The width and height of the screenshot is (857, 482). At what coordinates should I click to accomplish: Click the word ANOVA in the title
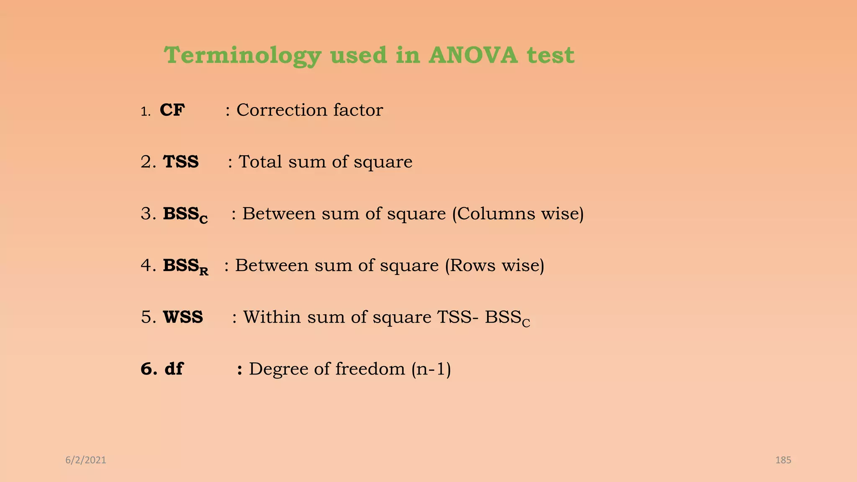click(x=473, y=55)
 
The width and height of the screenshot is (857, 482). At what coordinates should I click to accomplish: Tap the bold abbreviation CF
click(x=172, y=110)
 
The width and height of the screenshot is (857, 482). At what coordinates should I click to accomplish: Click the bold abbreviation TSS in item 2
click(x=181, y=162)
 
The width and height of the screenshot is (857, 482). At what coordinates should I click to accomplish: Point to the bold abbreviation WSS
click(x=183, y=317)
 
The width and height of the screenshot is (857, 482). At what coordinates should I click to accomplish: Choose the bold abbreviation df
click(x=174, y=369)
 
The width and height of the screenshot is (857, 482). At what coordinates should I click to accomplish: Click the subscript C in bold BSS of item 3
click(x=203, y=220)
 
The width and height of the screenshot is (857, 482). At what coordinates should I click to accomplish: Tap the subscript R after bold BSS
click(x=204, y=272)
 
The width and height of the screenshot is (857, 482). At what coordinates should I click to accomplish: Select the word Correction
click(x=282, y=110)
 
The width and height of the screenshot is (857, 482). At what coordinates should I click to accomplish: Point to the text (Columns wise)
click(x=518, y=214)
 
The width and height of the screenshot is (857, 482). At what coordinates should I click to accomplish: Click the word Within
click(x=272, y=317)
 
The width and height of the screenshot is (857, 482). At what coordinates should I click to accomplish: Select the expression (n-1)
click(x=431, y=369)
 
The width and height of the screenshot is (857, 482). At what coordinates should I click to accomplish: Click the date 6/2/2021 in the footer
click(x=86, y=460)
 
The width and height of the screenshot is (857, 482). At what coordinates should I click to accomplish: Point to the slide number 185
click(x=783, y=460)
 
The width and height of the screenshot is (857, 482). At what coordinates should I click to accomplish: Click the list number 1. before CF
click(x=145, y=112)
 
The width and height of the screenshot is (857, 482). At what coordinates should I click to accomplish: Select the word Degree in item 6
click(x=278, y=369)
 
